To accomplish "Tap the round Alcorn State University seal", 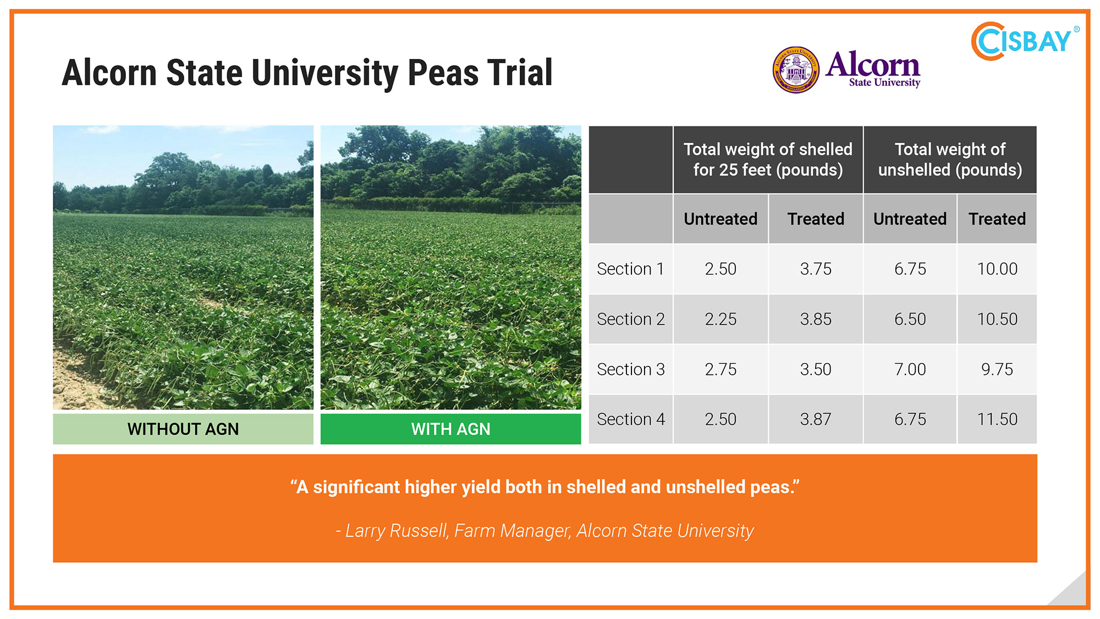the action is (x=796, y=70).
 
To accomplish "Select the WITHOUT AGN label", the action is (x=183, y=429).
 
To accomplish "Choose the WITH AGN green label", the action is (x=450, y=429).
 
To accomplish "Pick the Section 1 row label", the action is (x=630, y=269).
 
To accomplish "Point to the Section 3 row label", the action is (x=631, y=369).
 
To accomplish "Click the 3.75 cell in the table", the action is (x=816, y=269).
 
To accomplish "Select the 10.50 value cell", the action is (x=997, y=319).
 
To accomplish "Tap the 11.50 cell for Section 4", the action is (x=997, y=419).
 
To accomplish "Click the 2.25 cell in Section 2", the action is (x=721, y=319).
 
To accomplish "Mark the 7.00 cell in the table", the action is (x=910, y=369).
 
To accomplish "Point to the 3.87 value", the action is (x=816, y=419).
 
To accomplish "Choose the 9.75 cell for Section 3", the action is (x=997, y=369).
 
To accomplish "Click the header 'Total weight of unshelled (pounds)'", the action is (x=950, y=160).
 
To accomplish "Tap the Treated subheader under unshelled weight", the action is (x=997, y=219).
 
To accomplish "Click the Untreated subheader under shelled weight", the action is (x=721, y=219).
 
